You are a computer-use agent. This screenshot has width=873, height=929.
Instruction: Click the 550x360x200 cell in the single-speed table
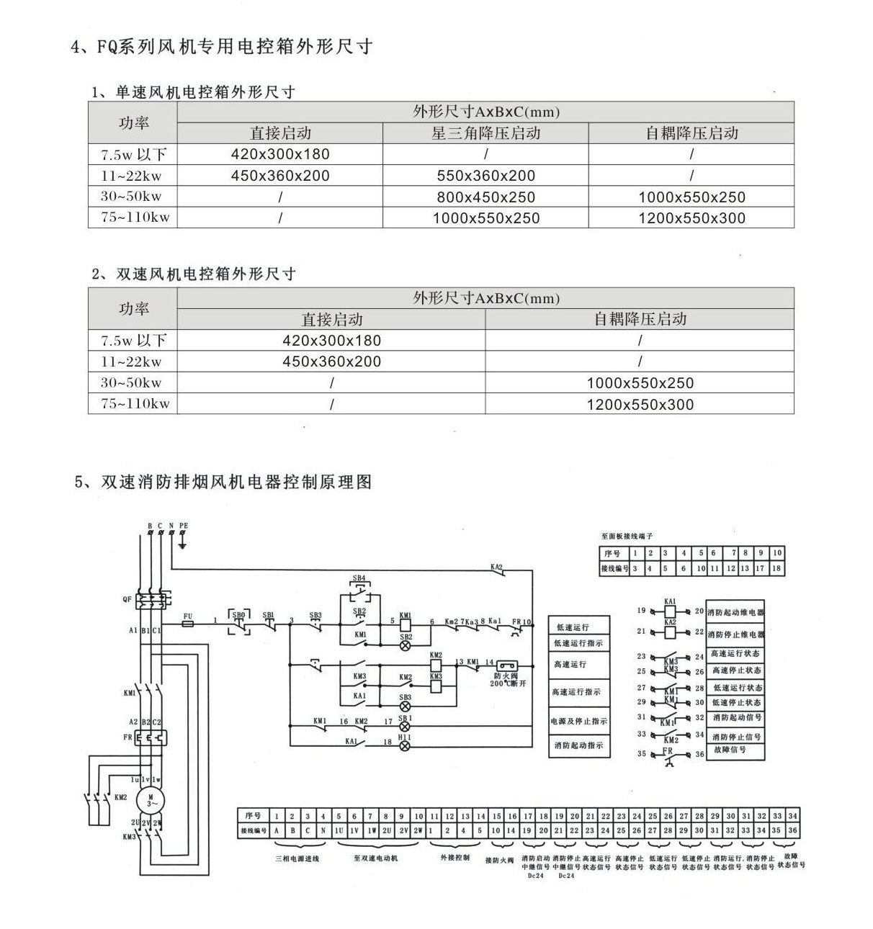pyautogui.click(x=485, y=175)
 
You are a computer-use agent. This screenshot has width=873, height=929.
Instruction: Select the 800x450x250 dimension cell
pyautogui.click(x=485, y=197)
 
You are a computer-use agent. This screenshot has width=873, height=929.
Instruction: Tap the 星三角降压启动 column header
pyautogui.click(x=485, y=133)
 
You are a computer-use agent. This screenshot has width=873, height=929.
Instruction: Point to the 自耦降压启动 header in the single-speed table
pyautogui.click(x=691, y=133)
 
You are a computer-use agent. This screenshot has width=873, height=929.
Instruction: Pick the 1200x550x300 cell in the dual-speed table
pyautogui.click(x=640, y=404)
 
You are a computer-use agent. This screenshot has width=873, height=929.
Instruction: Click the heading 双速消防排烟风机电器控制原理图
pyautogui.click(x=223, y=482)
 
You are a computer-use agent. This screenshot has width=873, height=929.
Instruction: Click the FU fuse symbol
pyautogui.click(x=188, y=625)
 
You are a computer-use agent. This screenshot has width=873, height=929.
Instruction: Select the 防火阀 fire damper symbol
pyautogui.click(x=503, y=667)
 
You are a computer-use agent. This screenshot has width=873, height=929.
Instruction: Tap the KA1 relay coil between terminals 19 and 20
pyautogui.click(x=670, y=611)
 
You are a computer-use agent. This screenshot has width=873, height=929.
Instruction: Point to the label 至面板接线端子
pyautogui.click(x=627, y=537)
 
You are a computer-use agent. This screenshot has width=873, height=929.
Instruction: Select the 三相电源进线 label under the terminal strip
pyautogui.click(x=297, y=858)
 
